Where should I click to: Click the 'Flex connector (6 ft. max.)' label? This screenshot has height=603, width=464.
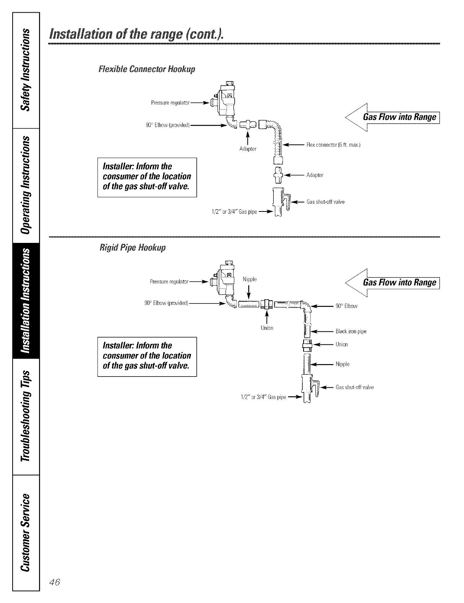(x=333, y=145)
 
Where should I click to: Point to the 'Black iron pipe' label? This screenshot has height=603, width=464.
(x=351, y=331)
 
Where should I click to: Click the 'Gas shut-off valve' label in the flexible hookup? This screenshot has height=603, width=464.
(x=326, y=202)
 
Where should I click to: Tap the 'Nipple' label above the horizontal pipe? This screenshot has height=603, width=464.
(x=250, y=279)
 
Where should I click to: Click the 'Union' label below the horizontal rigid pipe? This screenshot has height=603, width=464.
(x=267, y=328)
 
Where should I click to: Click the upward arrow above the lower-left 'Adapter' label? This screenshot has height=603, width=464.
(x=248, y=136)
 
